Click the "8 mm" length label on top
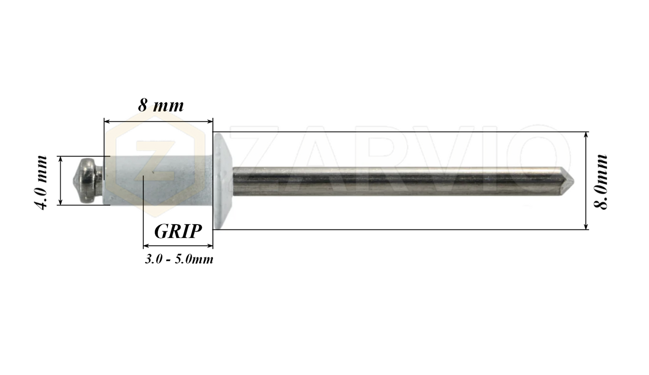point(161,106)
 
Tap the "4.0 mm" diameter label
point(41,182)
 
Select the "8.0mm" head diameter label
point(600,182)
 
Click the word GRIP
point(178,231)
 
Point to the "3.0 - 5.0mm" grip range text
point(179,259)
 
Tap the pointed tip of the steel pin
point(573,181)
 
